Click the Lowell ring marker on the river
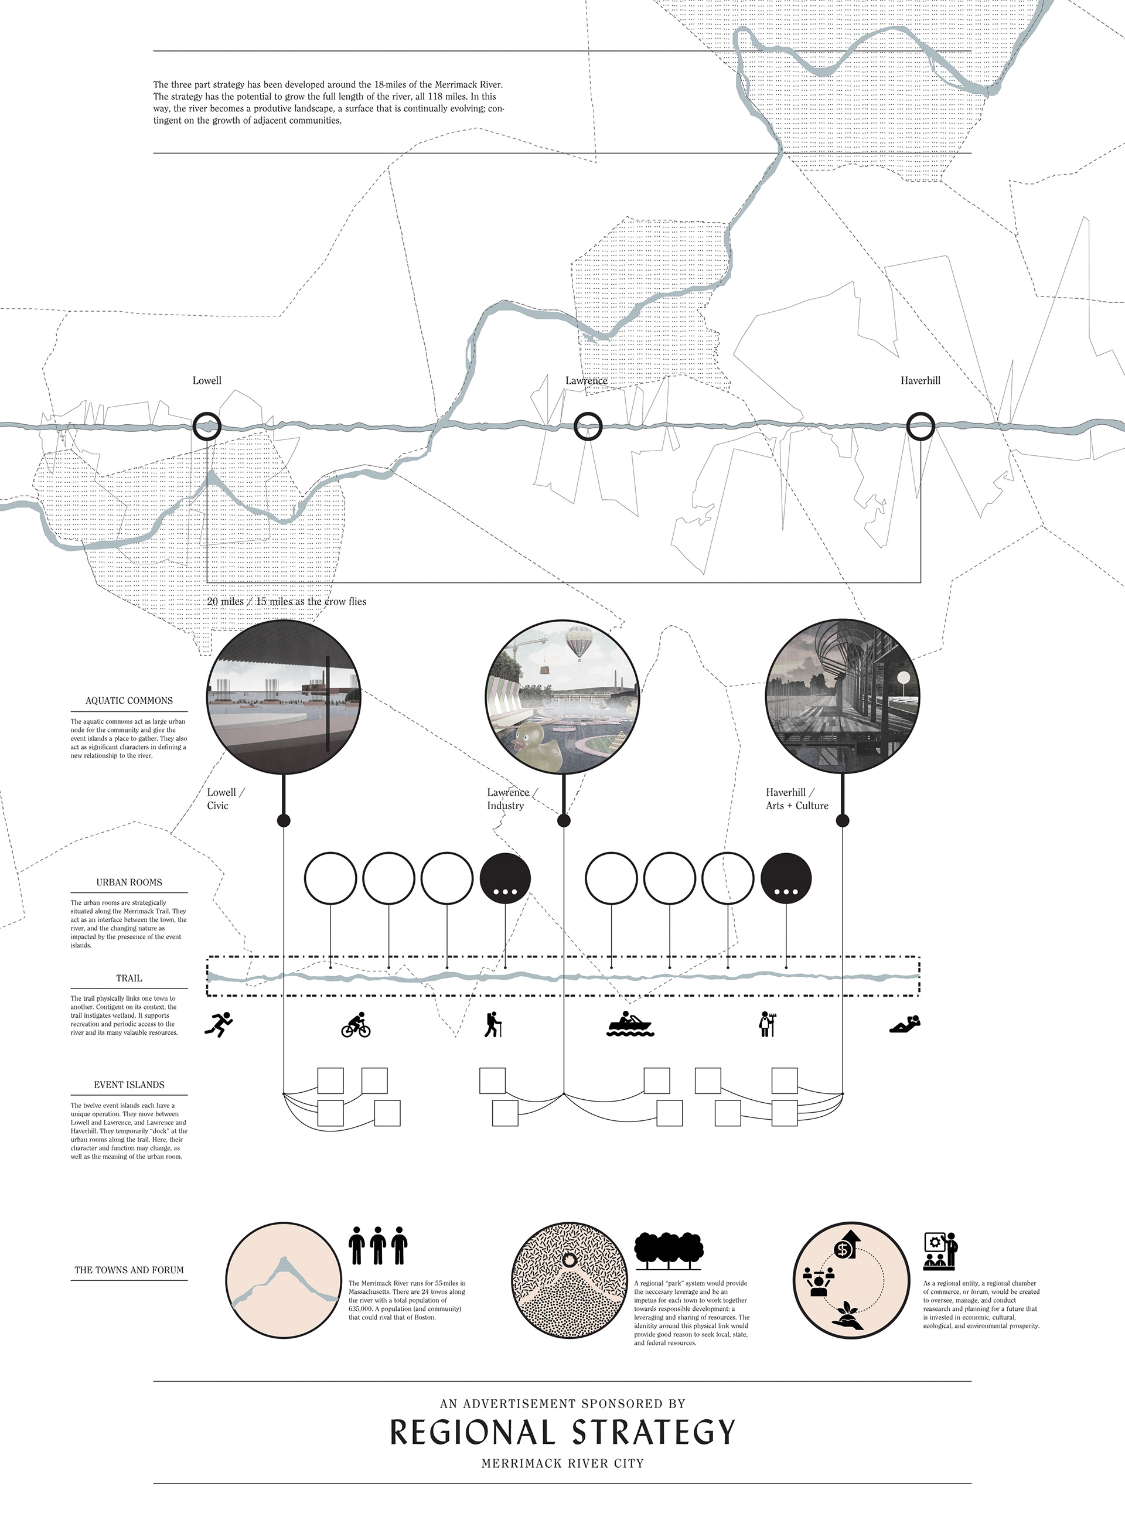tap(206, 426)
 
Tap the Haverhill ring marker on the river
tap(920, 426)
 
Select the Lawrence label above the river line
tap(586, 381)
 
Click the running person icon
tap(219, 1024)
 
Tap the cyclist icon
tap(356, 1025)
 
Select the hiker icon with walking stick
tap(492, 1025)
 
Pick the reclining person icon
tap(905, 1024)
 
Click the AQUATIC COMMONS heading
tap(129, 701)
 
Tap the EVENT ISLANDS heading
tap(129, 1085)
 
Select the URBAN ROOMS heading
tap(129, 882)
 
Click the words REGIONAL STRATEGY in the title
tap(562, 1433)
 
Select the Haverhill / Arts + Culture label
tap(797, 799)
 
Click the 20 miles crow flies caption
tap(287, 601)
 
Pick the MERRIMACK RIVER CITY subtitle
tap(562, 1463)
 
